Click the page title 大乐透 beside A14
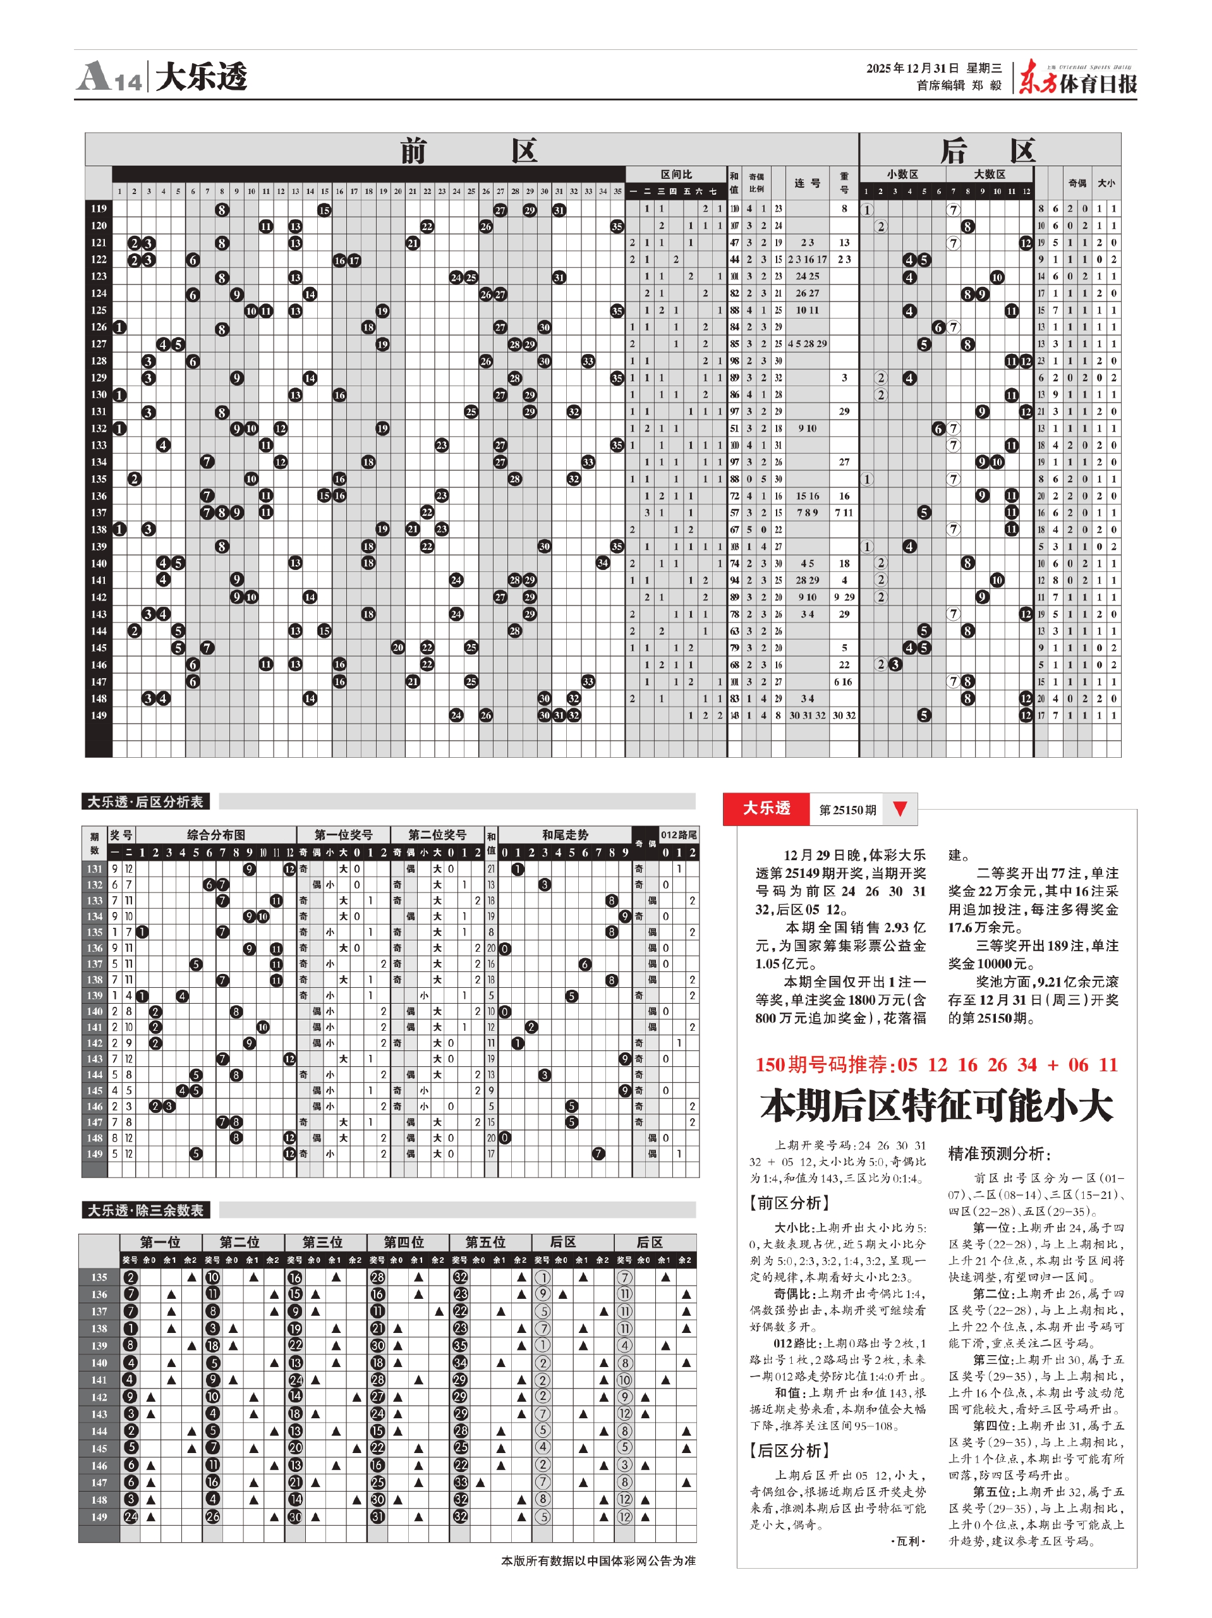(x=202, y=77)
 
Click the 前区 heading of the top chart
(x=469, y=150)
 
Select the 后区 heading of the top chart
(x=988, y=150)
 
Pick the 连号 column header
(x=808, y=183)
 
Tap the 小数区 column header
(x=902, y=174)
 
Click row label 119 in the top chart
(x=99, y=209)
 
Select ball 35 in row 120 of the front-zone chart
(x=617, y=226)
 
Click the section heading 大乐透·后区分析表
(x=145, y=801)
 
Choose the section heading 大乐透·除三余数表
(x=145, y=1210)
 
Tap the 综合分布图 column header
(x=215, y=835)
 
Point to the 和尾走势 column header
(x=565, y=835)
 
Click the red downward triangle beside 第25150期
(x=900, y=808)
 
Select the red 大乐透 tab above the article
(x=766, y=808)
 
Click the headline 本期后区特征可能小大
(x=936, y=1105)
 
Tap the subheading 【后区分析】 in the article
(x=789, y=1450)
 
